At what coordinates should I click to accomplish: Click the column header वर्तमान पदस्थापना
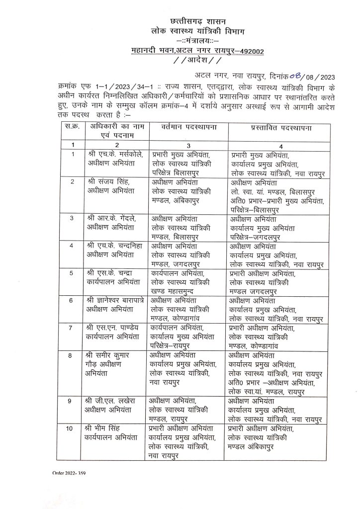click(x=186, y=128)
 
